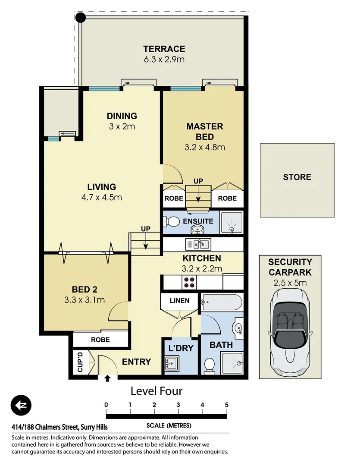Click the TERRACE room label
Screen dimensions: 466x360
point(164,49)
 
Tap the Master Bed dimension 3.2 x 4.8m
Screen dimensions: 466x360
point(205,147)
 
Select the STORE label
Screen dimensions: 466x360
point(297,177)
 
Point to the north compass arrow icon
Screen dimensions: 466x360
point(22,406)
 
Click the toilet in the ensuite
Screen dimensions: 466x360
point(172,222)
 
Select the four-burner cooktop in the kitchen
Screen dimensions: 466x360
point(189,282)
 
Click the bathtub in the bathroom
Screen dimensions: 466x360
point(222,302)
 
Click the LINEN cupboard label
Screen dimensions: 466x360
point(179,300)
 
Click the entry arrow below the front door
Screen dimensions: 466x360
point(107,378)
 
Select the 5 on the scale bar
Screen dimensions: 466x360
point(226,405)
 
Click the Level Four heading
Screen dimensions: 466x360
point(157,391)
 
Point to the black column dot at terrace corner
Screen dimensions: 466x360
point(80,17)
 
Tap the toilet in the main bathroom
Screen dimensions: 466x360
point(210,365)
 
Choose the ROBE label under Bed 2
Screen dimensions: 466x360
point(100,340)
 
